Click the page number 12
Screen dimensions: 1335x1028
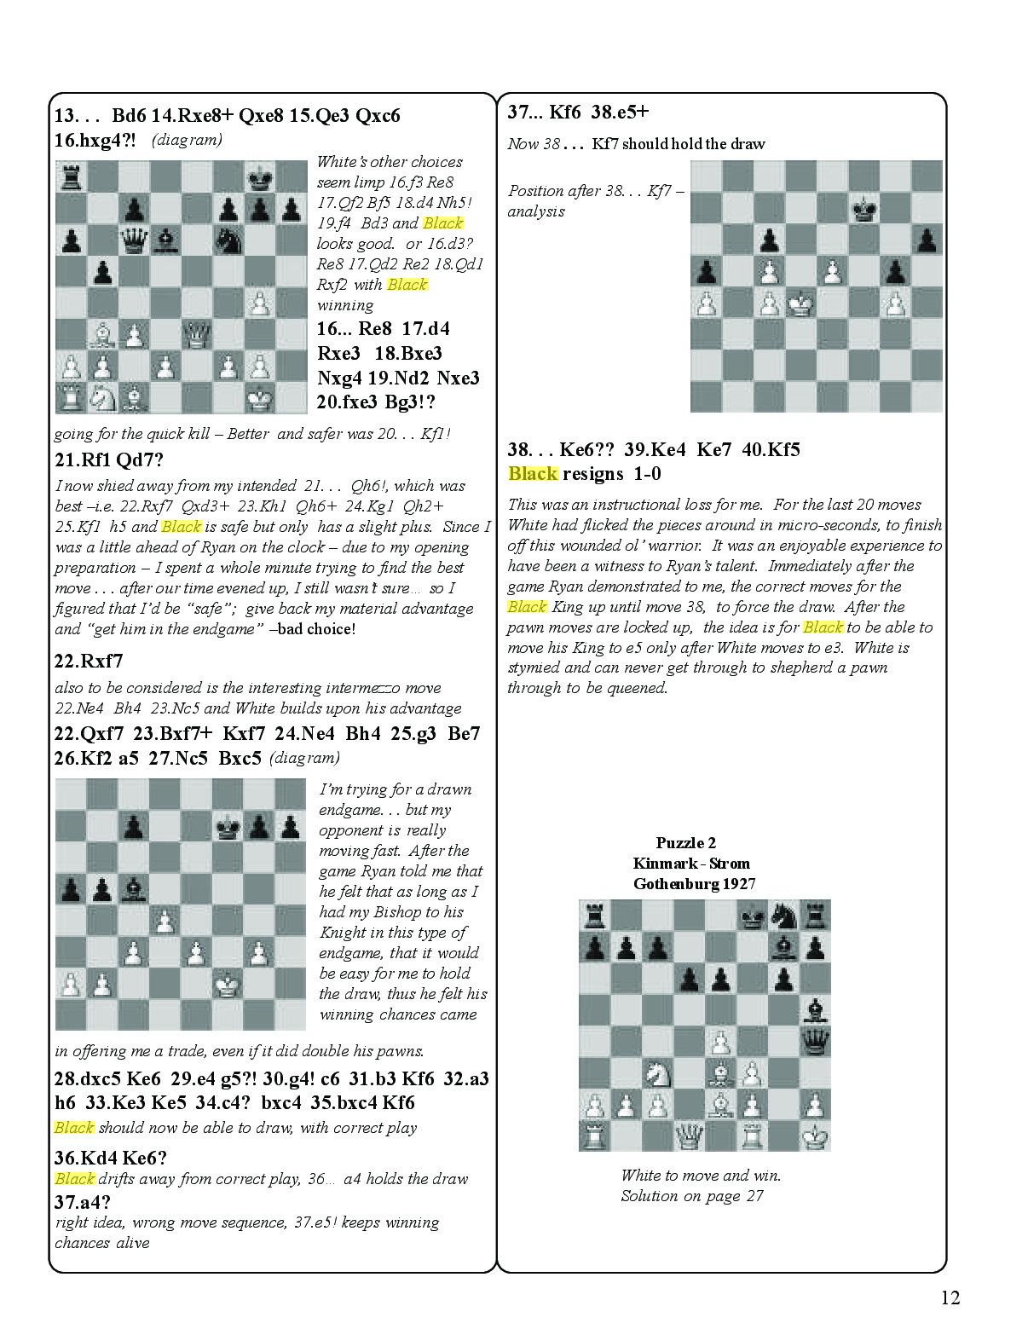950,1297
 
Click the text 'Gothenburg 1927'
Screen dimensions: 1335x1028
694,884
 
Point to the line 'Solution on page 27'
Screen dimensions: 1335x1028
691,1195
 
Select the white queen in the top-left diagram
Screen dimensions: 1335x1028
197,334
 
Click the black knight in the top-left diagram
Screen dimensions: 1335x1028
228,241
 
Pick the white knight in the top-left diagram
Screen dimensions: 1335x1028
103,396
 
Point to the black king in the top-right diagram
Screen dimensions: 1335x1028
865,209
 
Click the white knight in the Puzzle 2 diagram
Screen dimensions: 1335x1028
657,1072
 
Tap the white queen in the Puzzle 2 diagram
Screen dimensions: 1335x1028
689,1135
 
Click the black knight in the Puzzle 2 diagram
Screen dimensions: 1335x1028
783,915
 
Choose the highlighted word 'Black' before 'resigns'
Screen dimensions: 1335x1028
533,473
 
